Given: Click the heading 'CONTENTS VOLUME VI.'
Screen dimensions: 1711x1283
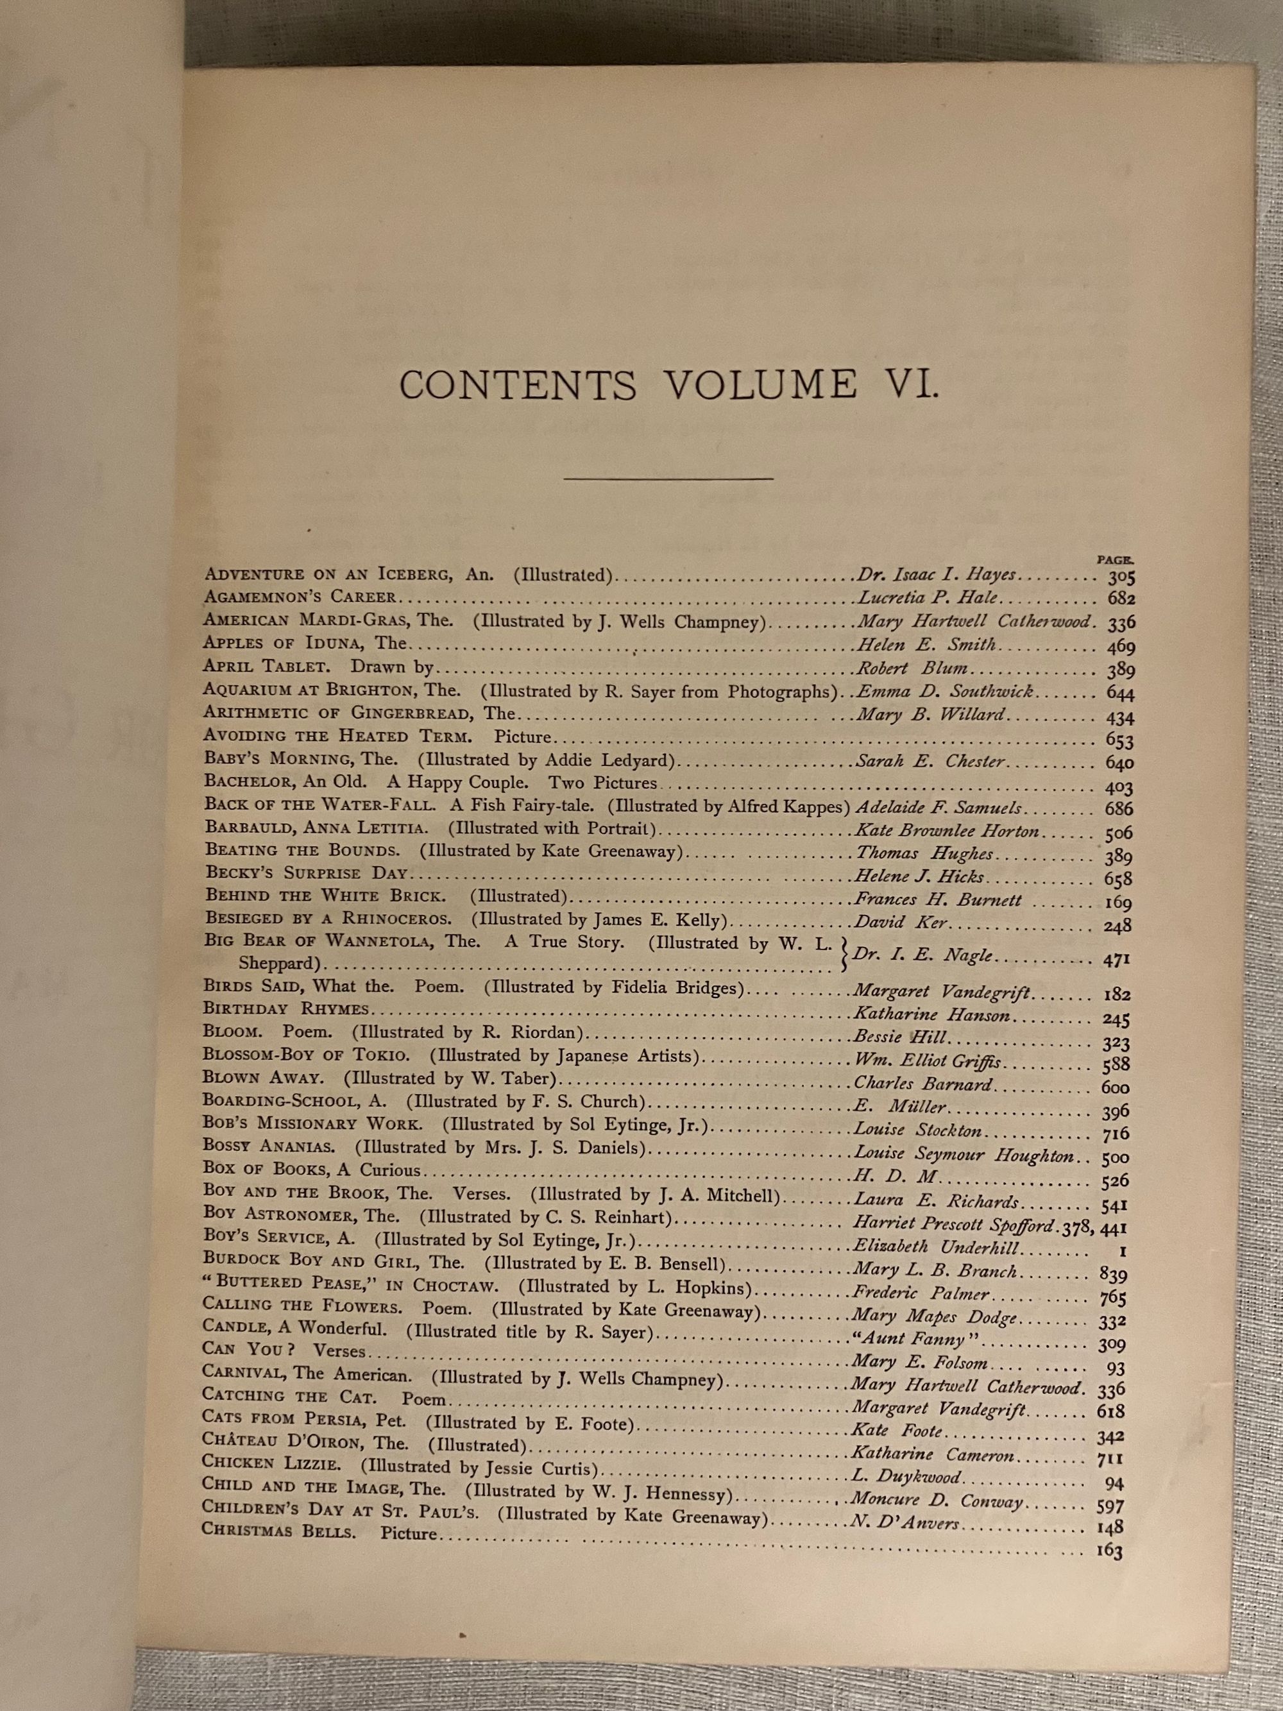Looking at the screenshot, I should [669, 385].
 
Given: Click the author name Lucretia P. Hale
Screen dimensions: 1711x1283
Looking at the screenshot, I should [926, 598].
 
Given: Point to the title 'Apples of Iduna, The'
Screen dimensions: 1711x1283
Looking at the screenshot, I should [305, 643].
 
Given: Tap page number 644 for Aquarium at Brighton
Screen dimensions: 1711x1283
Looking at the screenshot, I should [1120, 693].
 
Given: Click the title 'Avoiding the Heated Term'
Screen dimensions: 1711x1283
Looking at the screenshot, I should [337, 736].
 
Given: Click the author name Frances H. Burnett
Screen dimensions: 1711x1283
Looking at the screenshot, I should [938, 900].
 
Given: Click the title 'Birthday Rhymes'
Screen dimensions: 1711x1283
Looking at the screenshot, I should [286, 1009].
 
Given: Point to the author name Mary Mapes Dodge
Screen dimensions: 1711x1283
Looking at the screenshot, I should [934, 1316].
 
